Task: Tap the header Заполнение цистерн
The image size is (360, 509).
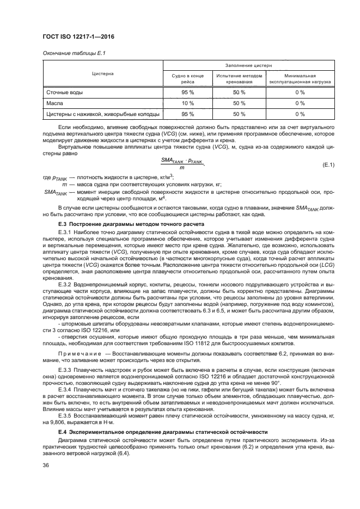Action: point(248,65)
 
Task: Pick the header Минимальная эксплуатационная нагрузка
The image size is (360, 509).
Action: point(300,79)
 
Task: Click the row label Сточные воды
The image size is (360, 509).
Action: point(64,93)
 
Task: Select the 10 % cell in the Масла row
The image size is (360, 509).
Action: point(187,103)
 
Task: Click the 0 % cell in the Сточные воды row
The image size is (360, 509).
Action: point(300,93)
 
